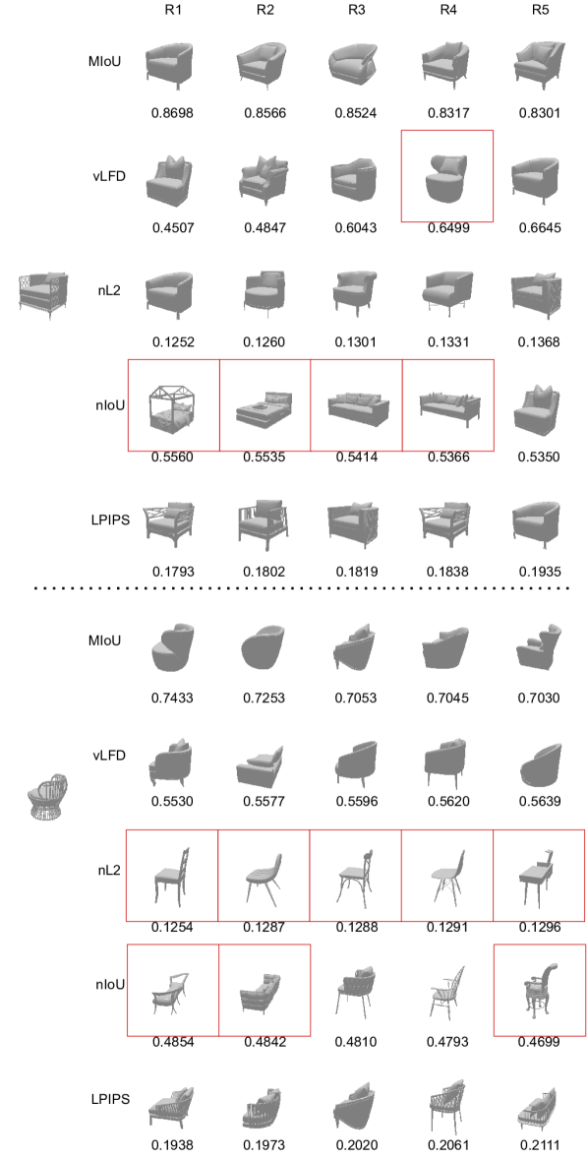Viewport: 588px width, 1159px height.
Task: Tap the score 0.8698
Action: click(173, 113)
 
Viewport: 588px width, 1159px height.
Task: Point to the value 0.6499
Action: click(447, 227)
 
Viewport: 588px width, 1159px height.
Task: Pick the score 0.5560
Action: click(173, 457)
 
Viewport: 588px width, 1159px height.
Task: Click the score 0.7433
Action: click(173, 698)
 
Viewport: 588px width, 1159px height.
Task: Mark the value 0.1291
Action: click(447, 927)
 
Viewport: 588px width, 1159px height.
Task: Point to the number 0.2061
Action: click(447, 1145)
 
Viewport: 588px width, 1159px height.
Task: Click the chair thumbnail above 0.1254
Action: click(173, 876)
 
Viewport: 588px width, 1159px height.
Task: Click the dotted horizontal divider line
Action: click(302, 588)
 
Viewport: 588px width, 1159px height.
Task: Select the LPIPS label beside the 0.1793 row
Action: click(110, 520)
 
